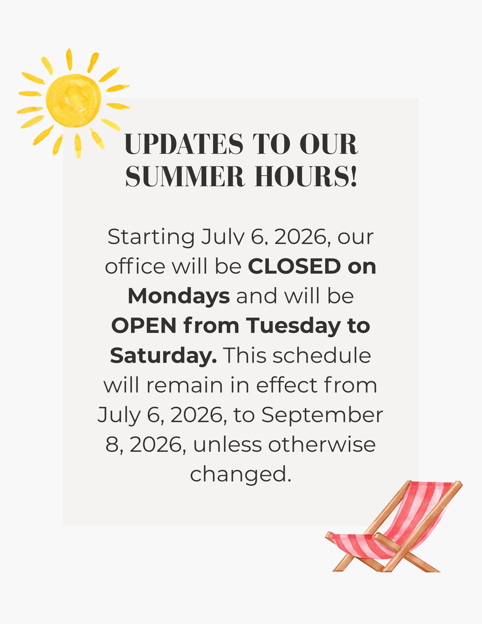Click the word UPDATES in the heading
183,144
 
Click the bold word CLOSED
294,266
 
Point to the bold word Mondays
179,296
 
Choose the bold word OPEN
144,326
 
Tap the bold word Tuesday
294,326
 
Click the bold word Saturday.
163,355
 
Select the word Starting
151,237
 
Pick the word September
322,415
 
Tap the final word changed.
241,475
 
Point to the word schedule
322,355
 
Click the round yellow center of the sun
74,101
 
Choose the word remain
185,386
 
